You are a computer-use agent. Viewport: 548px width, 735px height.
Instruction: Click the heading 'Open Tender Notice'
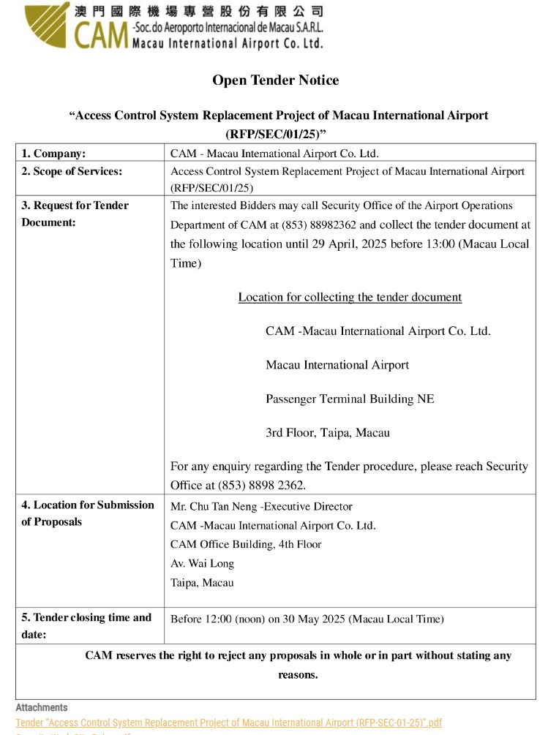click(x=275, y=80)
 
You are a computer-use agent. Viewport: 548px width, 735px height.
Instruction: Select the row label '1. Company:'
click(x=53, y=154)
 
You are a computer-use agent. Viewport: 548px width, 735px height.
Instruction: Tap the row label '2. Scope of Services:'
click(x=72, y=171)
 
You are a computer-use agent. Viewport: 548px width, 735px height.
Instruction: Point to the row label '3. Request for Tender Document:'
click(x=75, y=214)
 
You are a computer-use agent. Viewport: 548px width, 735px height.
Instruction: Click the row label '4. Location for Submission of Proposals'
click(x=87, y=513)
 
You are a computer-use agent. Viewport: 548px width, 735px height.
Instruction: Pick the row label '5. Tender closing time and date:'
click(x=86, y=626)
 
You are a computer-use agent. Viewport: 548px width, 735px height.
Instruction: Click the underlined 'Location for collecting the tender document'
click(x=350, y=297)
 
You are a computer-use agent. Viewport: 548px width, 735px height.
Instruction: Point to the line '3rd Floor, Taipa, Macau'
click(x=327, y=432)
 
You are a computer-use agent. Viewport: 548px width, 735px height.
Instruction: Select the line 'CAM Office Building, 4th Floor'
click(x=246, y=544)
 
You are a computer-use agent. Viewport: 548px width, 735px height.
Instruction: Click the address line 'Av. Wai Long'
click(x=202, y=563)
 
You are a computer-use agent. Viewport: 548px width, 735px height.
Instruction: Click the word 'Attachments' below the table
click(x=42, y=708)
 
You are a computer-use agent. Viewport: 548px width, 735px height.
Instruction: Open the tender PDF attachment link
click(x=228, y=723)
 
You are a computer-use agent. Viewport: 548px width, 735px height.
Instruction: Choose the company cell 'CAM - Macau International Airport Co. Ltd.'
click(x=274, y=154)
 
